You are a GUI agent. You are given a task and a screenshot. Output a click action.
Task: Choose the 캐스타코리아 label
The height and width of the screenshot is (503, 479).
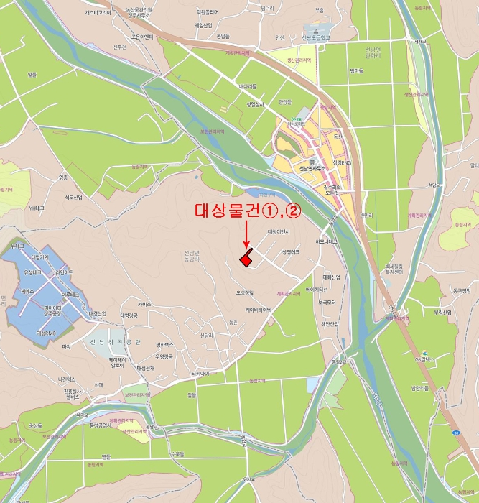pyautogui.click(x=98, y=12)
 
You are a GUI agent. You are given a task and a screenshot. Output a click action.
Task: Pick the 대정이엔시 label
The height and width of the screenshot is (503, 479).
pyautogui.click(x=278, y=231)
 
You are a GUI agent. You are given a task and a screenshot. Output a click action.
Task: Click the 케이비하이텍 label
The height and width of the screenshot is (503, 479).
pyautogui.click(x=259, y=310)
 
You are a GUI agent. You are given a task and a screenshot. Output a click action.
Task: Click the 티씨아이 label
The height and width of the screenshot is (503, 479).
pyautogui.click(x=200, y=374)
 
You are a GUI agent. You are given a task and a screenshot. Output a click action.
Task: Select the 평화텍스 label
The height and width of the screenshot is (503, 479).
pyautogui.click(x=164, y=345)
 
